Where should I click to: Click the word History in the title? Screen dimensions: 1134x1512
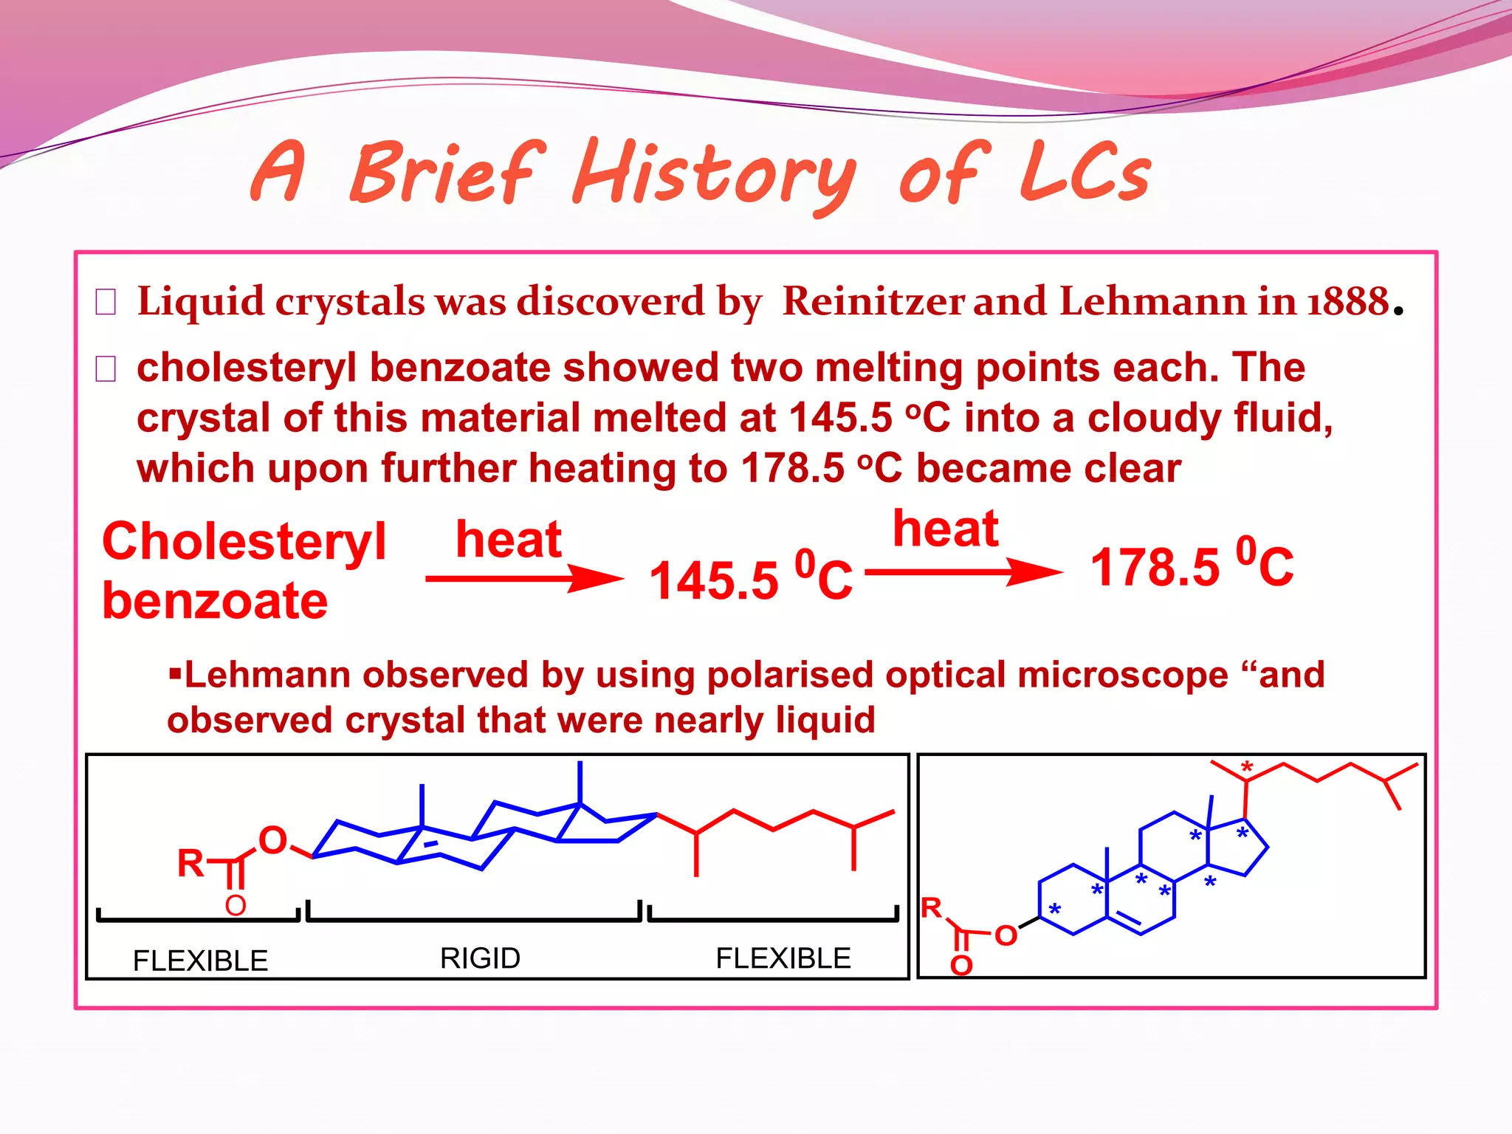tap(713, 174)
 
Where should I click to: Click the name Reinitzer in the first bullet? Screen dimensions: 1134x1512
tap(873, 301)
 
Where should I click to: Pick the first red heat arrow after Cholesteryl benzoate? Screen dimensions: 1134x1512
tap(524, 578)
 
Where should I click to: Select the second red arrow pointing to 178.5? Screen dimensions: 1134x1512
tap(963, 571)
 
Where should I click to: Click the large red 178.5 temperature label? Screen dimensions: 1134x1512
tap(1155, 568)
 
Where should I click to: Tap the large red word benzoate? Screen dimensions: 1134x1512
tap(215, 600)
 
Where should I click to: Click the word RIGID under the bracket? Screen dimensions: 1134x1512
tap(480, 958)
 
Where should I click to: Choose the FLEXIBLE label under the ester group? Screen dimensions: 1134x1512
tap(200, 961)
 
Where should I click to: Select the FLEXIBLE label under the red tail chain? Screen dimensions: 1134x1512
tap(783, 958)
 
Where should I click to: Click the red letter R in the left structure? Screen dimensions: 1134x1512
tap(190, 862)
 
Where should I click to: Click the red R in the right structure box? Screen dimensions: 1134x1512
tap(932, 907)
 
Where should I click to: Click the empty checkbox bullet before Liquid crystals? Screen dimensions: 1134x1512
tap(106, 302)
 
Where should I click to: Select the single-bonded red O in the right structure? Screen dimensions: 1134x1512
tap(1006, 935)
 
